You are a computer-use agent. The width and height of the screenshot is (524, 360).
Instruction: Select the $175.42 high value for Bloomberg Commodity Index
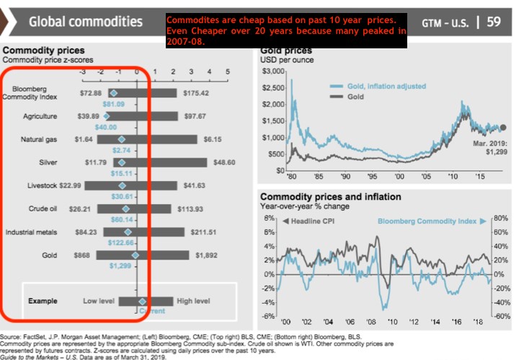click(195, 93)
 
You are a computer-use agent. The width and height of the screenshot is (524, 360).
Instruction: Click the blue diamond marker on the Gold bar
click(134, 255)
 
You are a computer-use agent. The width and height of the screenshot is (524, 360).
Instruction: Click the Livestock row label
click(39, 185)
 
